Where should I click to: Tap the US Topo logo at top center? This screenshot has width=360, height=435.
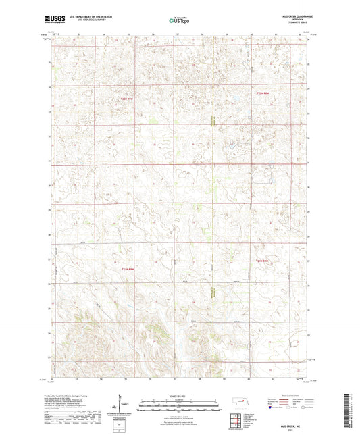pyautogui.click(x=179, y=20)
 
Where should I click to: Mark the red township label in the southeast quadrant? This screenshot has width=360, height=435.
pyautogui.click(x=262, y=261)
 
